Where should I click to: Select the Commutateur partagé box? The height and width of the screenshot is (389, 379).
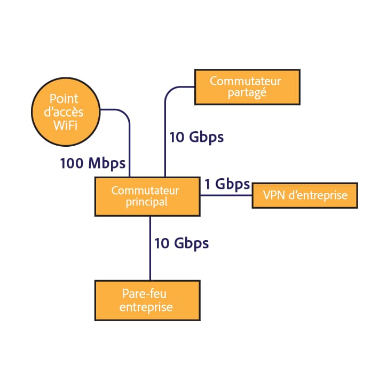[247, 86]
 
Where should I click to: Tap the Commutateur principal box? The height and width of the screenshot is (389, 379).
[147, 196]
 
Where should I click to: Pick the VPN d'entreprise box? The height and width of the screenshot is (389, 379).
[304, 196]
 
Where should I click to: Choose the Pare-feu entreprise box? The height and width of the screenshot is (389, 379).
[147, 300]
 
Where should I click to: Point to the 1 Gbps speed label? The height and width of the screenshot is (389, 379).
[227, 185]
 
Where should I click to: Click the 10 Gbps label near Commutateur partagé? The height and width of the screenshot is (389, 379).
[196, 137]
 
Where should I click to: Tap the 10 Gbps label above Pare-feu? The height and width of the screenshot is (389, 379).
[181, 244]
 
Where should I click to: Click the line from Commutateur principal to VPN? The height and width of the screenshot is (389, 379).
[226, 195]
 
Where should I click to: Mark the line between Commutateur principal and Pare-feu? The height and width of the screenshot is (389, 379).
[150, 248]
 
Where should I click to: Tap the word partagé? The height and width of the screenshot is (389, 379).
[247, 93]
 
